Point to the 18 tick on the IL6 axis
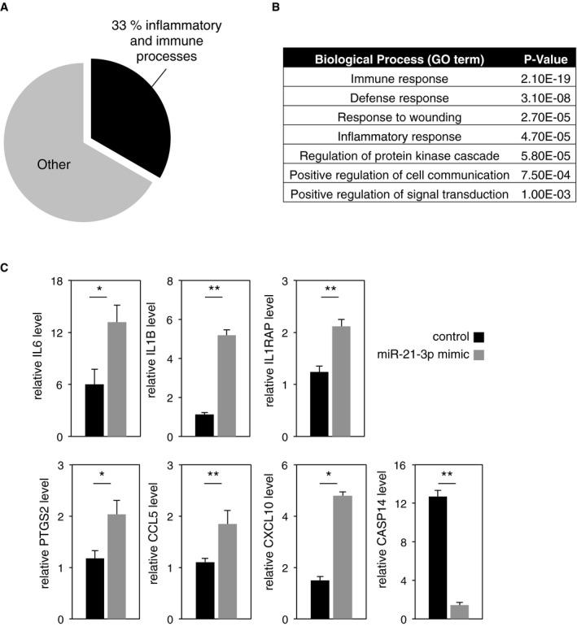pos(55,282)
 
